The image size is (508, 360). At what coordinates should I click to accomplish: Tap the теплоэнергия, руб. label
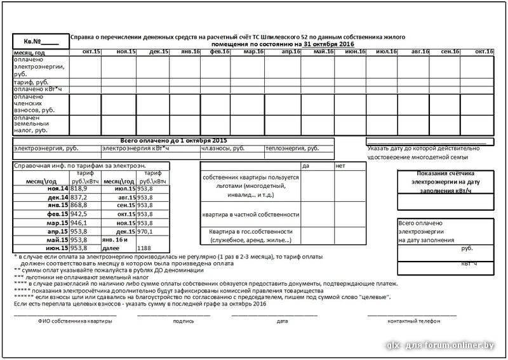click(292, 148)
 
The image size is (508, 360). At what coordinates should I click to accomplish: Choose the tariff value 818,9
click(79, 189)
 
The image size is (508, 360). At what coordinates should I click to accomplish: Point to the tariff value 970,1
click(145, 231)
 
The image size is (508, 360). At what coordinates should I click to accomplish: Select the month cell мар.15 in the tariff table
click(57, 223)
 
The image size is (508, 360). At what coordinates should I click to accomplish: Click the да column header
click(306, 166)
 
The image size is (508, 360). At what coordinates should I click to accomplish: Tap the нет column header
click(340, 166)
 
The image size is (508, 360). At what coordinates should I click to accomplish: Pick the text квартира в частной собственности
click(250, 215)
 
